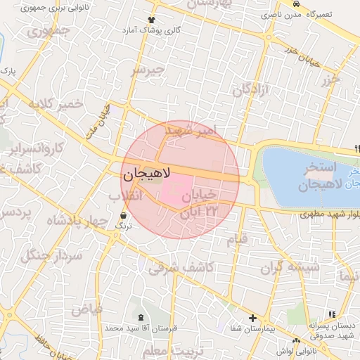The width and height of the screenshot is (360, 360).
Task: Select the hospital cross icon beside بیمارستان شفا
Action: (x=252, y=319)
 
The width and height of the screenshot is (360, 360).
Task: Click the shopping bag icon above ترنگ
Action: (x=124, y=215)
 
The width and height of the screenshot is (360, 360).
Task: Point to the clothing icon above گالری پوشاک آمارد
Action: (x=150, y=20)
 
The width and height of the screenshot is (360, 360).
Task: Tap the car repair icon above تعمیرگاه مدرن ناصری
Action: (x=295, y=4)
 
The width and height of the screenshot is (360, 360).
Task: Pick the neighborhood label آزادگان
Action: (x=252, y=90)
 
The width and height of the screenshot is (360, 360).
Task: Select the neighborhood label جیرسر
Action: (x=148, y=71)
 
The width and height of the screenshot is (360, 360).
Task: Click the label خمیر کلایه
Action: (x=56, y=105)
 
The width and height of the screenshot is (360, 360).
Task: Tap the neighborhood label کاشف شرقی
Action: (x=181, y=267)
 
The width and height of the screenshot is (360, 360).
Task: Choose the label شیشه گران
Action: (x=290, y=267)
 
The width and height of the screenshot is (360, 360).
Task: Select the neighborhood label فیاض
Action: (x=86, y=309)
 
